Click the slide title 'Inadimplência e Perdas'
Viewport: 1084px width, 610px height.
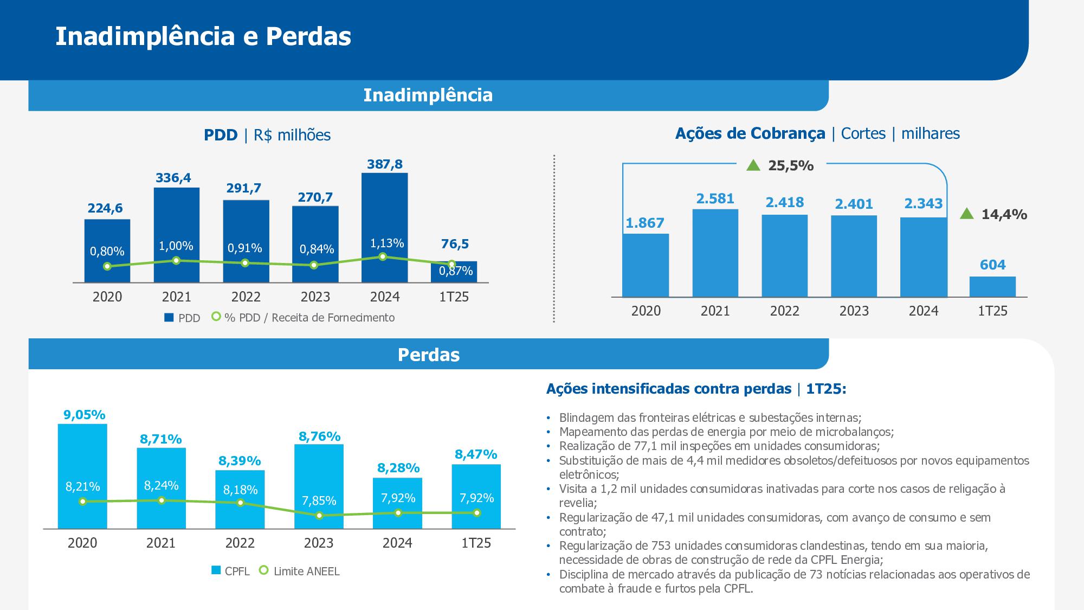click(x=203, y=36)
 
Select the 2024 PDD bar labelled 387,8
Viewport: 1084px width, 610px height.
click(x=384, y=228)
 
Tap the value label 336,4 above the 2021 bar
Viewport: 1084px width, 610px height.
click(x=173, y=178)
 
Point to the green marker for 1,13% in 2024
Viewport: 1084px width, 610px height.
click(x=383, y=256)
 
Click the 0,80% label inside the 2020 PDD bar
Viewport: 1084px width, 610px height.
click(x=107, y=251)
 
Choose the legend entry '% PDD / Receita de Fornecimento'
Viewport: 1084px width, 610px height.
click(x=303, y=318)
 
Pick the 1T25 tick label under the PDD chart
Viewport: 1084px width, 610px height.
click(x=454, y=297)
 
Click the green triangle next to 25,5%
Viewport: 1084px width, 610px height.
click(x=753, y=165)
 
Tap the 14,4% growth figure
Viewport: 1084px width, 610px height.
click(x=1004, y=215)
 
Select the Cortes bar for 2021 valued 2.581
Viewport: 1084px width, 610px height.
click(x=715, y=253)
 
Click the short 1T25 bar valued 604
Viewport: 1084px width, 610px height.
click(x=992, y=287)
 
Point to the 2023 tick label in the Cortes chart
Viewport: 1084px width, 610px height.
click(x=854, y=311)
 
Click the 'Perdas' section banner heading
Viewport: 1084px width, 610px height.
click(x=429, y=355)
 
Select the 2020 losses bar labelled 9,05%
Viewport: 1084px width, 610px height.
click(x=82, y=476)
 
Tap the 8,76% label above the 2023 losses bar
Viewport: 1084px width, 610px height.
click(x=319, y=436)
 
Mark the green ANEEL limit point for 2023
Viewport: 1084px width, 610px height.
click(x=319, y=516)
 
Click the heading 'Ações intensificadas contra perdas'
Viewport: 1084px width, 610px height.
click(x=669, y=389)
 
